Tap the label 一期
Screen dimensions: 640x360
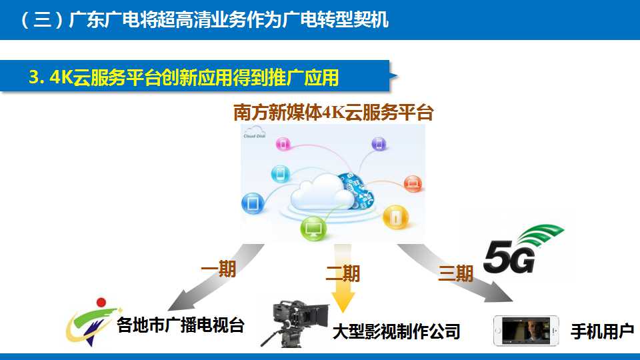[x=219, y=269]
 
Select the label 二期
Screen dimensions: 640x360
[x=343, y=273]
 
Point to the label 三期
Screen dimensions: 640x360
[x=455, y=273]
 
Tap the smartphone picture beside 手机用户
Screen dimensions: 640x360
[x=526, y=331]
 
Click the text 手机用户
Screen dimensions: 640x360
[x=602, y=331]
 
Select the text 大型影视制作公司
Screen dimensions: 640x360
[x=396, y=331]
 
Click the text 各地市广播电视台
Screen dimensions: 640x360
[x=181, y=325]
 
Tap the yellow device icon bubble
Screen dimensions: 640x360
[x=395, y=217]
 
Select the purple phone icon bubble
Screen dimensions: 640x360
[x=379, y=144]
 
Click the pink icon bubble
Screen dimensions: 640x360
[x=283, y=144]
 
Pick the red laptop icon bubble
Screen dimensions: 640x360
[x=413, y=184]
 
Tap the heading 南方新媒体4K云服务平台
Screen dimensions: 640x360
[x=333, y=113]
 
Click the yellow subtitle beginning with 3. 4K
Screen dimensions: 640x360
[x=184, y=77]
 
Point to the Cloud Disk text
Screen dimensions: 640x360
[x=254, y=136]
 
